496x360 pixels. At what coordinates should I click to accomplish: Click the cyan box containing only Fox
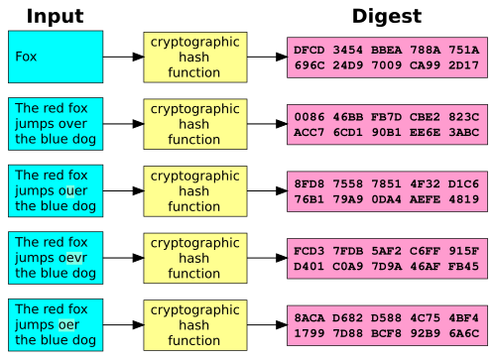(56, 57)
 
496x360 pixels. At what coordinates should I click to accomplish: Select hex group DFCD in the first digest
(310, 50)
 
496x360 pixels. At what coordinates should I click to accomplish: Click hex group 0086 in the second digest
(310, 116)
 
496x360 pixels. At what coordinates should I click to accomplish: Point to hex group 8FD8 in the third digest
(310, 182)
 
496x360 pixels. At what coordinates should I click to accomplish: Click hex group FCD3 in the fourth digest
(310, 250)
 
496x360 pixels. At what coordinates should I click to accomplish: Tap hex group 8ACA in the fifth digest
(310, 316)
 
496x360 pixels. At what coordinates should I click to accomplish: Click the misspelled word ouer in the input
(73, 190)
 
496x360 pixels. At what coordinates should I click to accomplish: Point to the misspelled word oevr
(74, 258)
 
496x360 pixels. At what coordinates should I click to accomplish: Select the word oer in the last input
(69, 324)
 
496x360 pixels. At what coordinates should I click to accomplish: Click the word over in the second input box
(73, 124)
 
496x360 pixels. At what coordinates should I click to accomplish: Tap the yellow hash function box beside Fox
(194, 57)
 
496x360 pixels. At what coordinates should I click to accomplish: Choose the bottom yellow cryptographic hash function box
(194, 324)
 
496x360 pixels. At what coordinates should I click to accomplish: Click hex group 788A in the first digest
(425, 50)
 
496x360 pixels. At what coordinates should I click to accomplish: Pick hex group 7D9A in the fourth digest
(386, 266)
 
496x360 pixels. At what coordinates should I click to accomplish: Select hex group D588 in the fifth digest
(386, 316)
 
